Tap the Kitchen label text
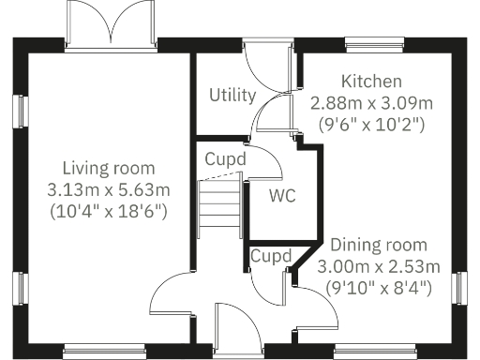click(x=371, y=82)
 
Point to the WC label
click(x=283, y=197)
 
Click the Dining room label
click(x=379, y=246)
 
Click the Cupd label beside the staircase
click(x=226, y=159)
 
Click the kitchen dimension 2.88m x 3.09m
click(x=371, y=101)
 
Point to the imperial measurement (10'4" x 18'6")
click(x=108, y=211)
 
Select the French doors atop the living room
click(x=112, y=22)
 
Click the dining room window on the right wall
click(x=460, y=287)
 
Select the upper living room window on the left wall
click(x=19, y=110)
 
